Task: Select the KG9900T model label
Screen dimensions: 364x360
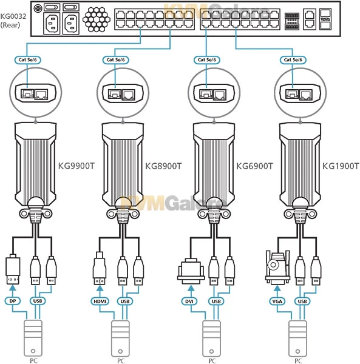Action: coord(76,164)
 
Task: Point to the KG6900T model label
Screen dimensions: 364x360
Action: coord(253,164)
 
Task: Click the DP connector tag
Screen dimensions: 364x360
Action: coord(13,301)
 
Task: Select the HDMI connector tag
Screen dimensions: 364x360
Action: coord(100,301)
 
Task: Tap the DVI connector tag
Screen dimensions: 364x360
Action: coord(189,301)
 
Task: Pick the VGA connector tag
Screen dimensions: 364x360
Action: coord(276,301)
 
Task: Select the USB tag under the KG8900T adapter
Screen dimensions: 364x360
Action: coord(126,301)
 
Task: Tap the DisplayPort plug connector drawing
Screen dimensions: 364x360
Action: coord(13,270)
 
